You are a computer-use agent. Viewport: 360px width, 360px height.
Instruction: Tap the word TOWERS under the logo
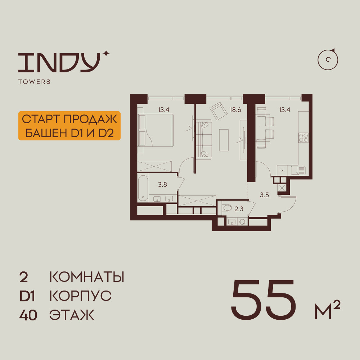tap(35, 82)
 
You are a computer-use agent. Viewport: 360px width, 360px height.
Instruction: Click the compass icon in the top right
tap(328, 60)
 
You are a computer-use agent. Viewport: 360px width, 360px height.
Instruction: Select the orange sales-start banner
tap(69, 126)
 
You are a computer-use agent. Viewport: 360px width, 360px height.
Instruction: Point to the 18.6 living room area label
tap(235, 110)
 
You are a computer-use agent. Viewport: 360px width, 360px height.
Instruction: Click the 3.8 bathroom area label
tap(162, 184)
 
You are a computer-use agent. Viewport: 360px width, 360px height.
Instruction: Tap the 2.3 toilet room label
tap(239, 209)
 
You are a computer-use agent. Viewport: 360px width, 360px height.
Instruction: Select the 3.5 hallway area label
tap(264, 195)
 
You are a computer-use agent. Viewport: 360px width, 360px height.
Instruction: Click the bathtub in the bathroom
tap(143, 188)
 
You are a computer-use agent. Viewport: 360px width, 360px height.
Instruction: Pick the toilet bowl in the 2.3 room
tap(227, 208)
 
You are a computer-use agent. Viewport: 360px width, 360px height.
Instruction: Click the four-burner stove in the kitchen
tap(303, 138)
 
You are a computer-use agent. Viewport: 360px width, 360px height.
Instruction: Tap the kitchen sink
tap(298, 171)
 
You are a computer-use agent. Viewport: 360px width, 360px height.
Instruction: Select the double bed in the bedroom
tap(156, 130)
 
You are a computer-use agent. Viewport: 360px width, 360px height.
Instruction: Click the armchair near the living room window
tap(219, 111)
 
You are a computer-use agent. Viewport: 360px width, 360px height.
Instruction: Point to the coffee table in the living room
tap(224, 140)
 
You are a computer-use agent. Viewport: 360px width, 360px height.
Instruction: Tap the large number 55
tap(264, 299)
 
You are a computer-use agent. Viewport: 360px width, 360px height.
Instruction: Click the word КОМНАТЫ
tap(87, 277)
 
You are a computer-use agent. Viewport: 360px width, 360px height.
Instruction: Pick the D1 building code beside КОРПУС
tap(27, 296)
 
